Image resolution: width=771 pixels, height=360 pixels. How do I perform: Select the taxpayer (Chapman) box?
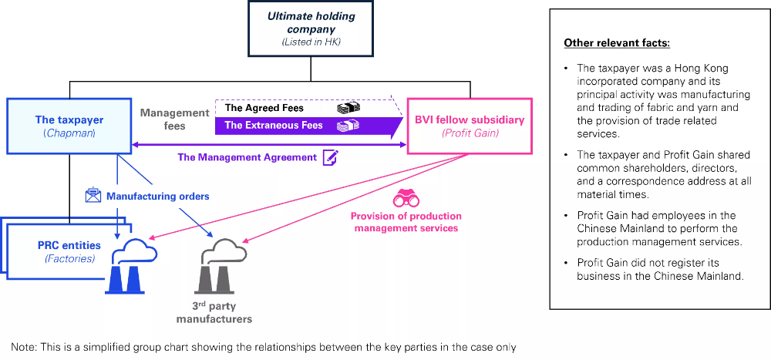pos(69,125)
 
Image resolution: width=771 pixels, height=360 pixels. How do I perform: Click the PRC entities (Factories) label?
pos(69,251)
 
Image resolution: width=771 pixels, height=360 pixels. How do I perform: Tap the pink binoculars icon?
pos(406,198)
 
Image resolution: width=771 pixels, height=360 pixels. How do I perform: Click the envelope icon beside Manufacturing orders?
pos(94,196)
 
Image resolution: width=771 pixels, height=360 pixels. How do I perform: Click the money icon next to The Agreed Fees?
pos(348,109)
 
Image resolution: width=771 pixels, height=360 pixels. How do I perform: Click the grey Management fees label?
pos(174,119)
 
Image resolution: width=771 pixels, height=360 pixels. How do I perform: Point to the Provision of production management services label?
pos(406,222)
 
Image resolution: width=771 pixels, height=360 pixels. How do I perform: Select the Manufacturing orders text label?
pos(158,197)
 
